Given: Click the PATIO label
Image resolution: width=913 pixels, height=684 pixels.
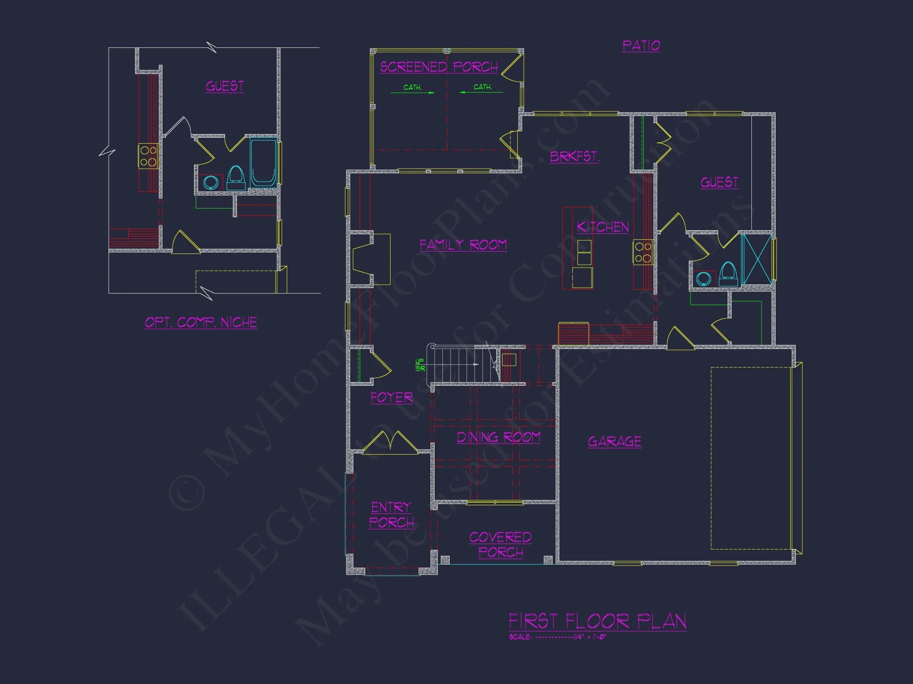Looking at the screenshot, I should [641, 46].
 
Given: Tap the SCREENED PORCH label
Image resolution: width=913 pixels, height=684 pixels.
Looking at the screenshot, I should [439, 67].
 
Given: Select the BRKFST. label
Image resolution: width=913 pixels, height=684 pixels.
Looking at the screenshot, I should [574, 156].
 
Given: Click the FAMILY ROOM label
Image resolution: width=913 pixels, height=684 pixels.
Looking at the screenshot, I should [463, 245].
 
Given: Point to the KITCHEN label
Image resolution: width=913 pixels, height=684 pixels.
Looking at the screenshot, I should [603, 227].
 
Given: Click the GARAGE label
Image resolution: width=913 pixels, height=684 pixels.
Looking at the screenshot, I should [614, 441].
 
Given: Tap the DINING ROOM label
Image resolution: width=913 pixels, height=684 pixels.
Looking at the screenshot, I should [498, 437].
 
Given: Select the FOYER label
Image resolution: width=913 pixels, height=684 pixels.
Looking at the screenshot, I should [392, 398].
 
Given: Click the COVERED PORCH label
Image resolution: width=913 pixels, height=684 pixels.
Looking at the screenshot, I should [500, 544].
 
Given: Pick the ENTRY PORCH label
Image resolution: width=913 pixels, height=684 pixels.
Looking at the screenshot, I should [391, 515].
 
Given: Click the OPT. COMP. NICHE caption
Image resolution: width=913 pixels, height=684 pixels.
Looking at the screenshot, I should [201, 322].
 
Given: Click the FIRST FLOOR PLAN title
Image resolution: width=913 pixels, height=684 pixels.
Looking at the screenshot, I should [597, 621].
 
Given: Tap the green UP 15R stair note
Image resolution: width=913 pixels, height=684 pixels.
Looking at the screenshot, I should [420, 365].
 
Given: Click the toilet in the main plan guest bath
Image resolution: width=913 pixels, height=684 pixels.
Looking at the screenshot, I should [728, 274].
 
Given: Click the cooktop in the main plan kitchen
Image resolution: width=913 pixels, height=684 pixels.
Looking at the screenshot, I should [643, 253].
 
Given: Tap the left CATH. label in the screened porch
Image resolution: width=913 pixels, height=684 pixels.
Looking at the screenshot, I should [413, 87].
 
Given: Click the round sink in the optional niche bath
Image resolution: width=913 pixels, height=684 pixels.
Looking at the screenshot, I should [210, 182].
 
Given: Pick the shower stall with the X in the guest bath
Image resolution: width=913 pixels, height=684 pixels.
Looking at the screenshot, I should [756, 259].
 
